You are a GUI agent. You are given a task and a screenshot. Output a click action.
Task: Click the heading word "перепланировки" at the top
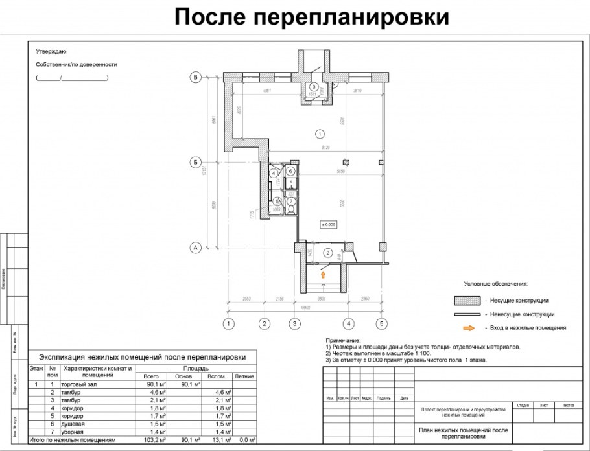point(349,17)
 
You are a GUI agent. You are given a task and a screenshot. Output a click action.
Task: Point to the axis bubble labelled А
point(194,247)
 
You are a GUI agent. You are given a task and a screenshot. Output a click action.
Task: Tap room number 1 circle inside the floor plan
point(318,135)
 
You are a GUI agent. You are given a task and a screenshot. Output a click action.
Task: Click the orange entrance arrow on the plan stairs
point(322,275)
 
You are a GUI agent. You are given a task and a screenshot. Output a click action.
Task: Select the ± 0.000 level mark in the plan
point(329,224)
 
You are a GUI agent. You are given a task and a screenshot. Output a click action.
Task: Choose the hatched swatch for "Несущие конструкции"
point(471,301)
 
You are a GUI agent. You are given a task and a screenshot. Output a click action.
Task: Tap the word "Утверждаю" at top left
point(51,52)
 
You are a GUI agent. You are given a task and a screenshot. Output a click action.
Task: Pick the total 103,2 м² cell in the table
point(151,440)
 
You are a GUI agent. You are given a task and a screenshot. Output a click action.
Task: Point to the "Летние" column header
point(243,376)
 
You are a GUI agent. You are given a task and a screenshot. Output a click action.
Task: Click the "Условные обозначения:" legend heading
point(496,284)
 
